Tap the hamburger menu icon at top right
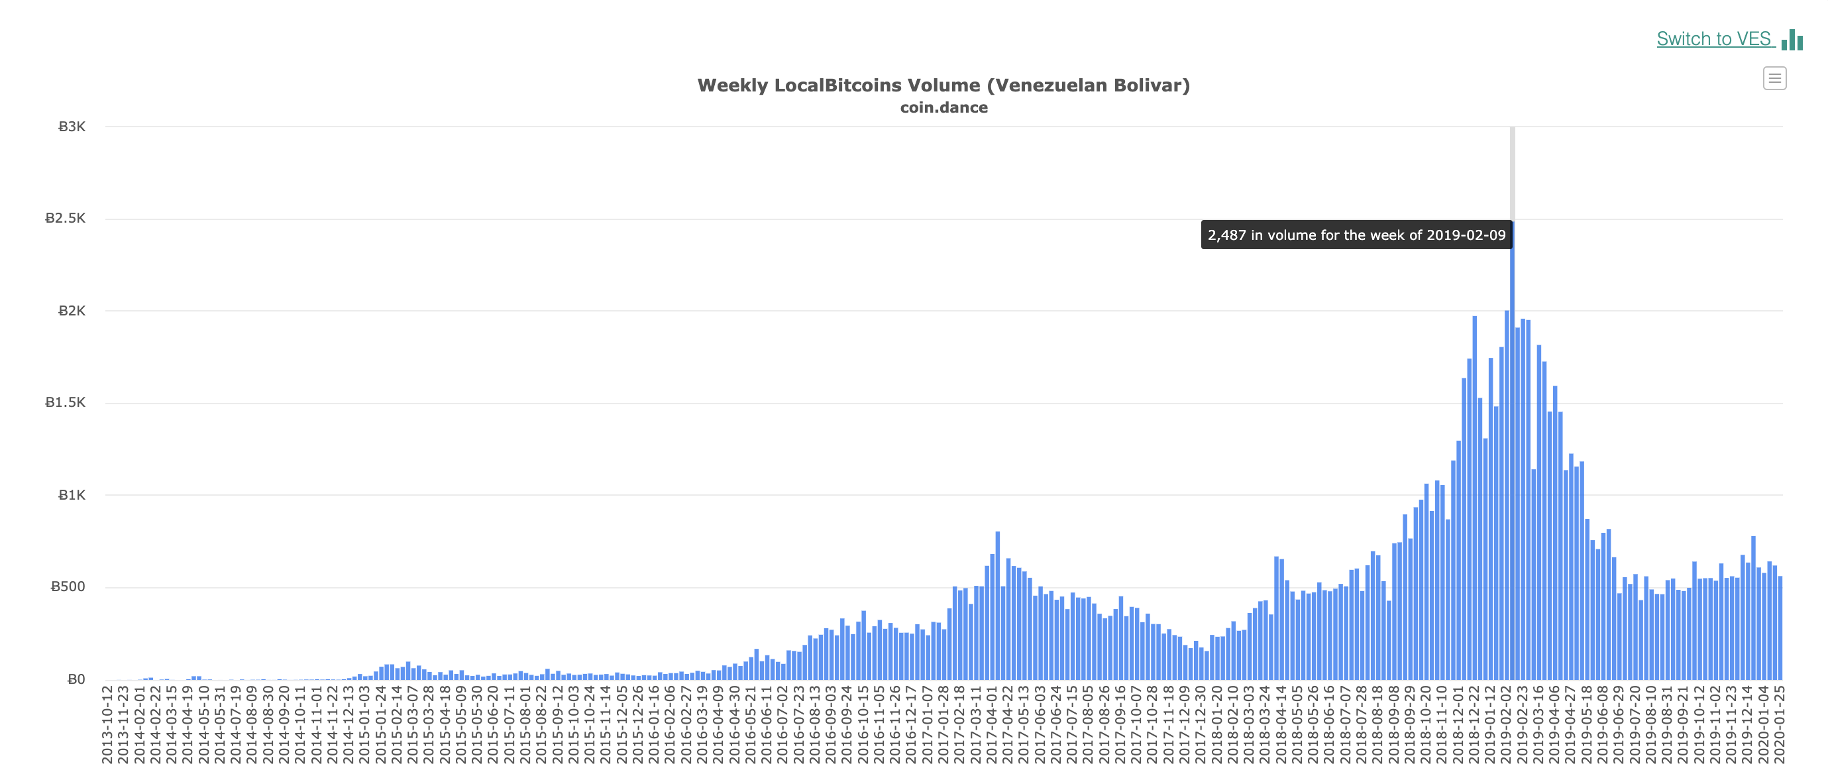click(1774, 78)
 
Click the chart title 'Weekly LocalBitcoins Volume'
click(943, 85)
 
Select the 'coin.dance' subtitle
click(943, 108)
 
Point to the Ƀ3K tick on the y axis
click(72, 127)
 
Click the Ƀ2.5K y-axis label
click(66, 219)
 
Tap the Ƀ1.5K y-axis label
click(66, 402)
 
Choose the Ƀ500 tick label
click(68, 587)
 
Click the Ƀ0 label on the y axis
click(76, 679)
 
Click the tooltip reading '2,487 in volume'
click(1356, 235)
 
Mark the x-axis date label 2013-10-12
click(108, 724)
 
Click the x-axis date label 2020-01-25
click(1779, 724)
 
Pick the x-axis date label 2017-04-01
click(992, 724)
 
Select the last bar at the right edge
click(1780, 628)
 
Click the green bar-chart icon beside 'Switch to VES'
click(1792, 40)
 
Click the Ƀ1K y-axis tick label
click(72, 496)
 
